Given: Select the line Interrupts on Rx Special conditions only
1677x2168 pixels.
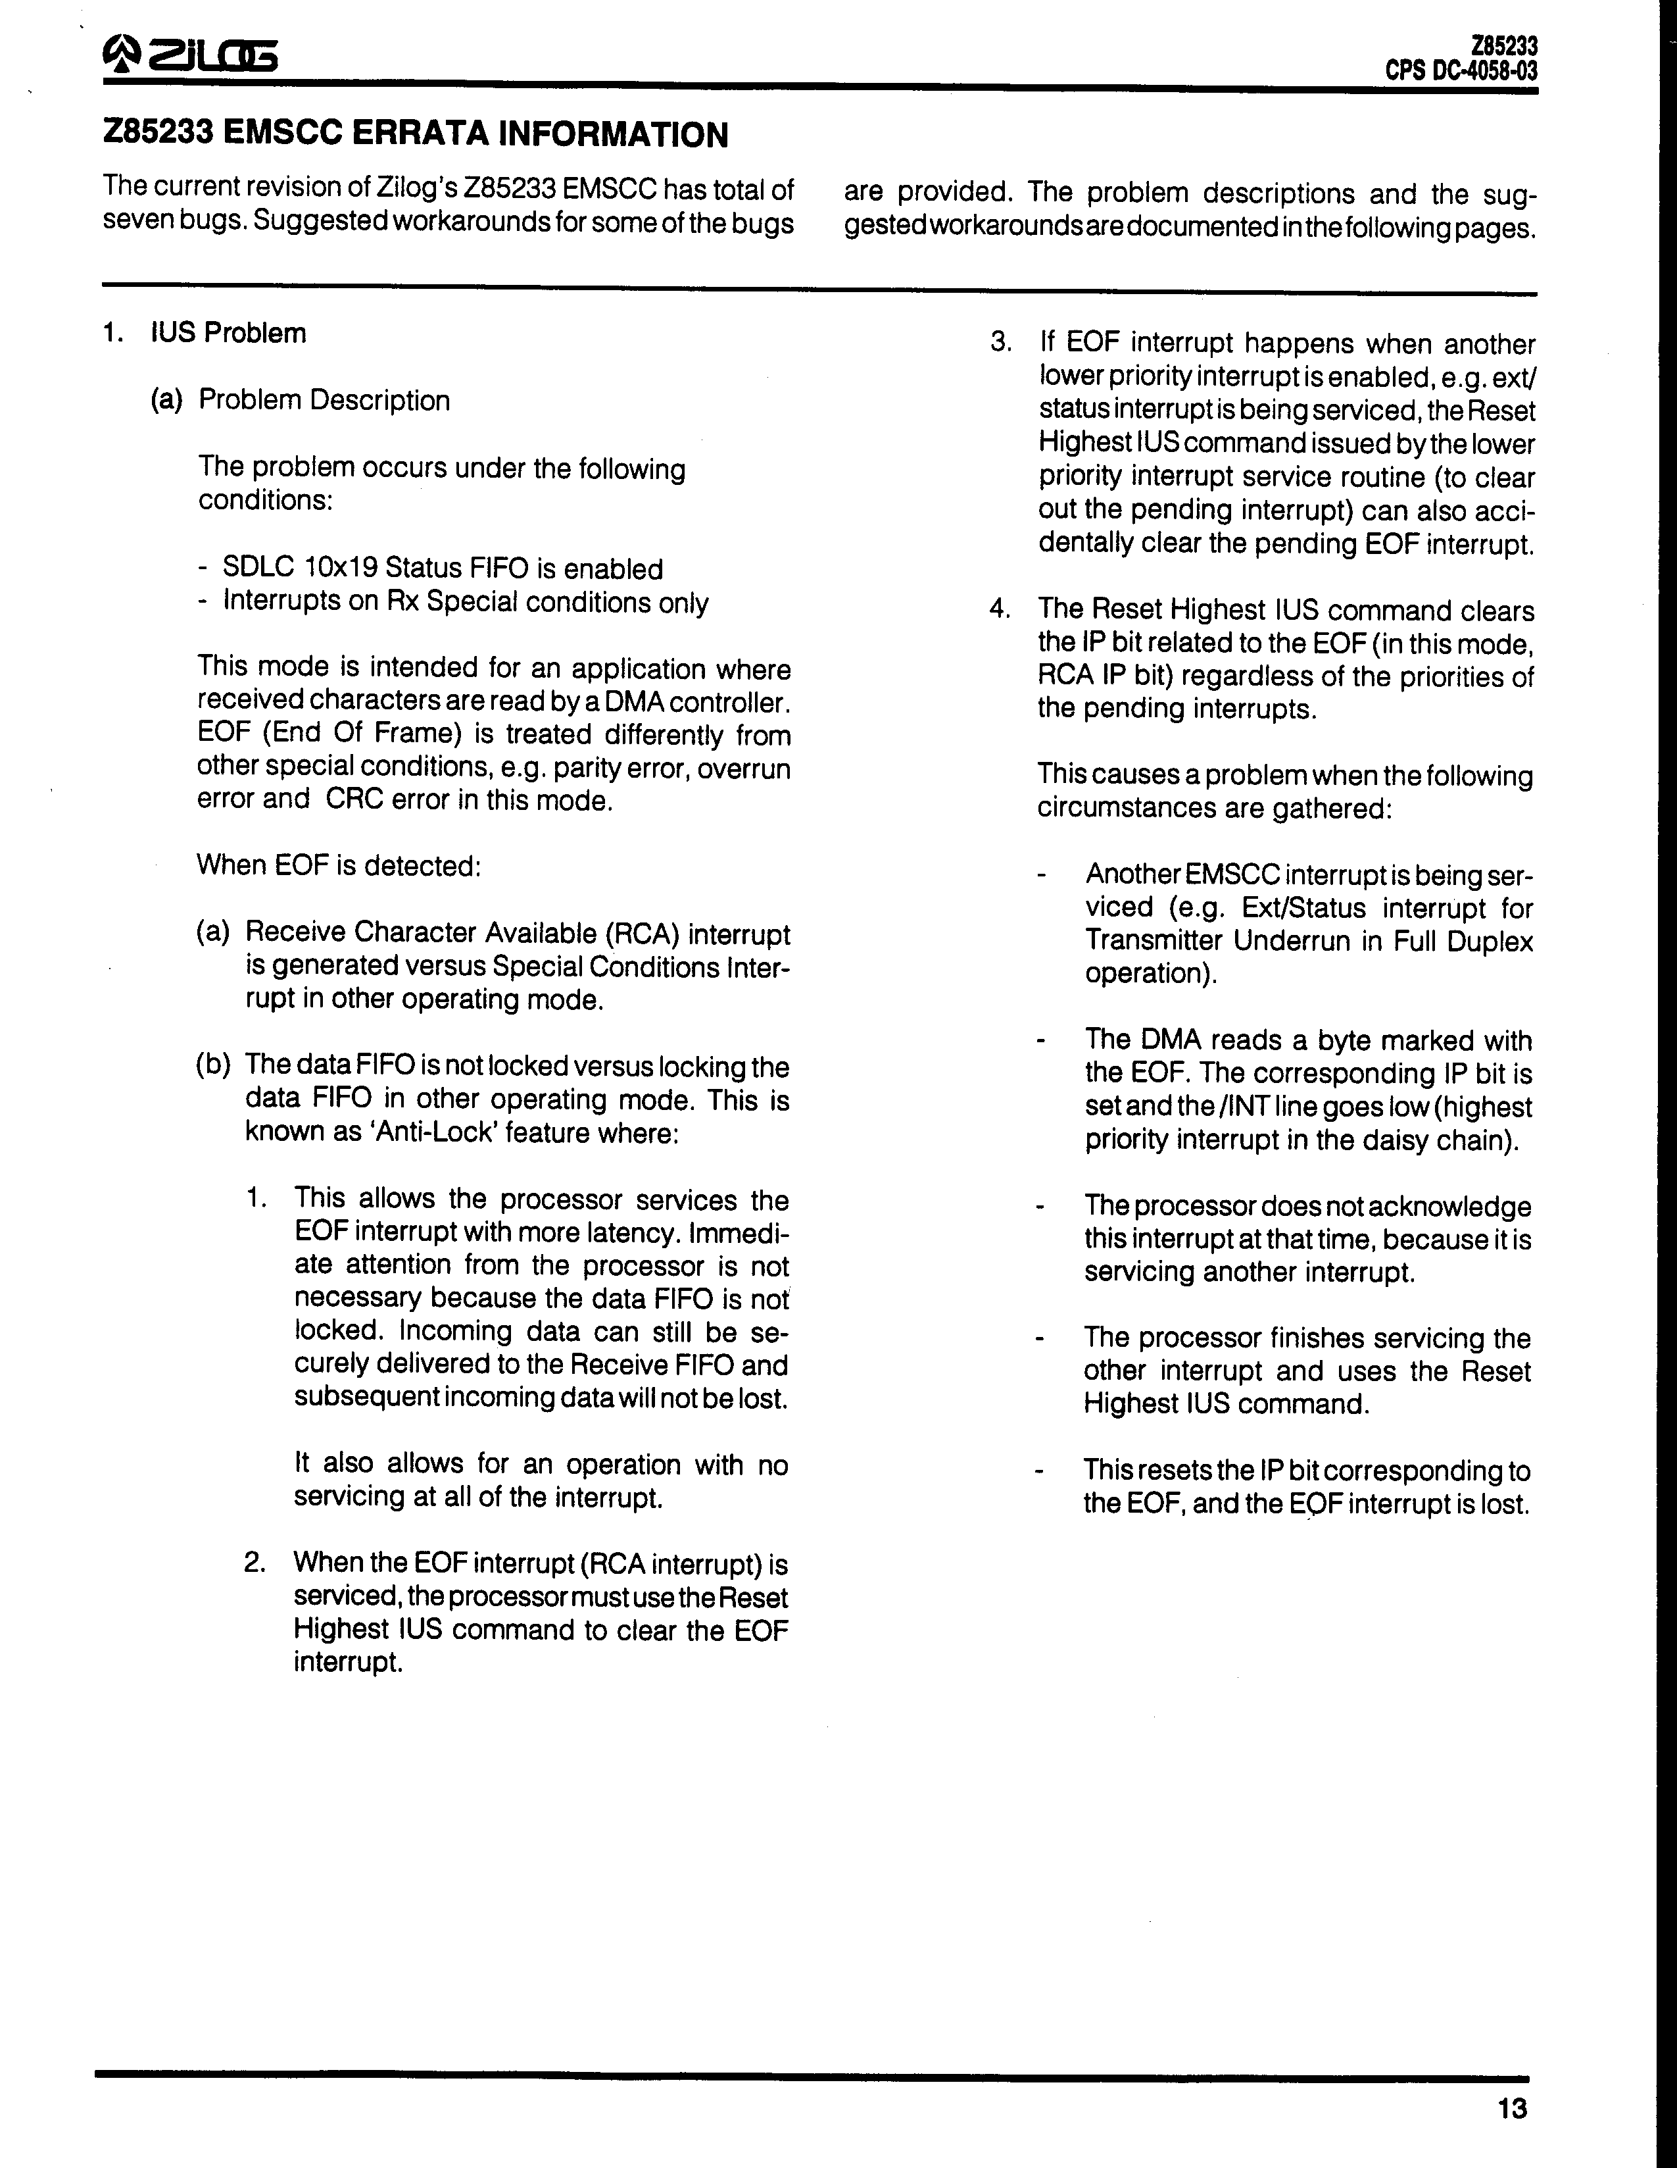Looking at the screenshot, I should [x=466, y=603].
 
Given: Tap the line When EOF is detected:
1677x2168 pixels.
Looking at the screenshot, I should [x=339, y=866].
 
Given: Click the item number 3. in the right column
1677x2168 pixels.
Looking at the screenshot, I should [x=1000, y=343].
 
